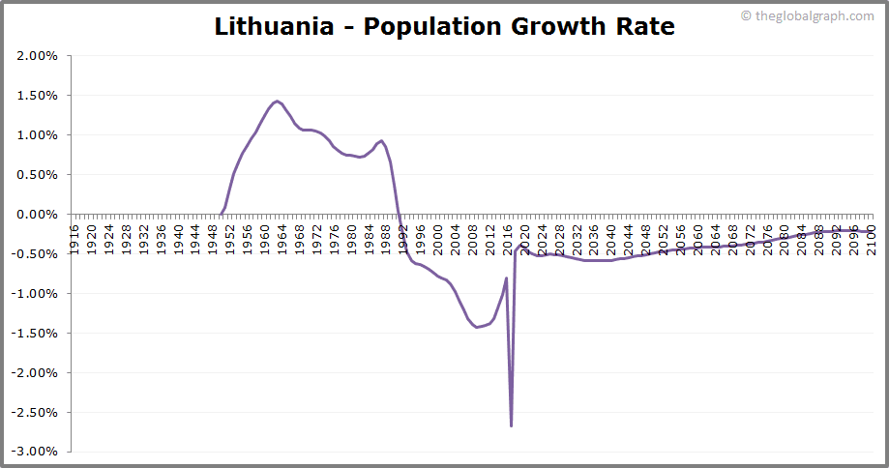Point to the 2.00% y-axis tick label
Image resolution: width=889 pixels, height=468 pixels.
click(x=38, y=56)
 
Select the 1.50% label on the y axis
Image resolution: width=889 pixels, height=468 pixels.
click(x=38, y=96)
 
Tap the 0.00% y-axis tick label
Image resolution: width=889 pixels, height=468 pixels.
click(x=38, y=215)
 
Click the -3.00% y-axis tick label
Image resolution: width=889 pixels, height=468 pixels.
click(x=36, y=452)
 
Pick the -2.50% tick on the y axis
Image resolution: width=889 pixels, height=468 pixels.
click(x=36, y=412)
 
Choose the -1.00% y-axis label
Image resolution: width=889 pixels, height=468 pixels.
click(x=36, y=294)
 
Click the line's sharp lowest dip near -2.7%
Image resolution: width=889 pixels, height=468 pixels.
click(x=511, y=425)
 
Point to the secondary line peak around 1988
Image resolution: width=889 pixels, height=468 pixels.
click(x=381, y=141)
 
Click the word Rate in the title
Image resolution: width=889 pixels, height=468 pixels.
click(x=641, y=26)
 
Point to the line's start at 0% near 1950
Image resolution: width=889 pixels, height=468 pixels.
click(x=221, y=214)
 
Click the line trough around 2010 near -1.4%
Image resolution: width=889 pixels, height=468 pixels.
click(x=476, y=327)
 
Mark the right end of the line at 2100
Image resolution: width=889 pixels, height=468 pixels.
click(x=870, y=232)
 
